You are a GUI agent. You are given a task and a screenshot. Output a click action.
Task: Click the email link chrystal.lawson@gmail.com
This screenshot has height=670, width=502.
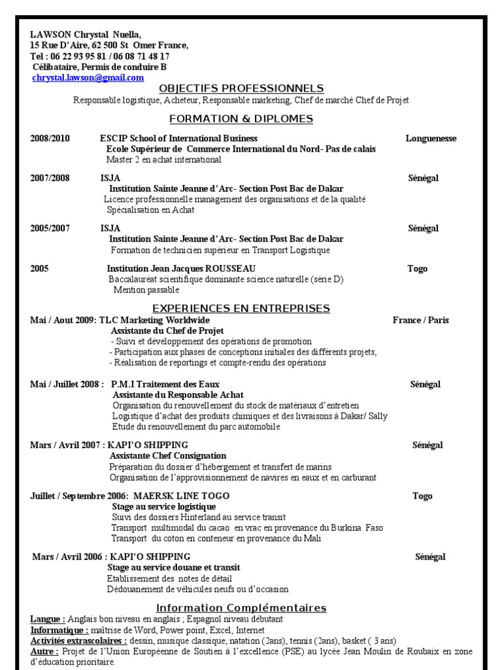point(88,77)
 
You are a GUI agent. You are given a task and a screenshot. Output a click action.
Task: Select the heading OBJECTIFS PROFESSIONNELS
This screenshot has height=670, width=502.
point(241,88)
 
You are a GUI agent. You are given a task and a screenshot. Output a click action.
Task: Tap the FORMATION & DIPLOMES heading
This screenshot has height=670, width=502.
point(241,118)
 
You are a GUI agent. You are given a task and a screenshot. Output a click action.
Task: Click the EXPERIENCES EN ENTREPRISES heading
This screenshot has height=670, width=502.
point(241,308)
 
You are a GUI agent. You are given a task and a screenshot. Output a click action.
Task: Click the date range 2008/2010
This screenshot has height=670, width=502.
point(50,138)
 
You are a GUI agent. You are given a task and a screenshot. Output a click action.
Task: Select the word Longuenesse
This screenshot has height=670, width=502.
point(431,138)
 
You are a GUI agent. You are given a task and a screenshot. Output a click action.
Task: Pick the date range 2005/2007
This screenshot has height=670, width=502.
point(50,228)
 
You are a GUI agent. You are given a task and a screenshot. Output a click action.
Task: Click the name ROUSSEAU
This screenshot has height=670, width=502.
point(230,268)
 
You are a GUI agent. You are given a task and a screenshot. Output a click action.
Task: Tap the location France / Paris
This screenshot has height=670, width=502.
point(420,320)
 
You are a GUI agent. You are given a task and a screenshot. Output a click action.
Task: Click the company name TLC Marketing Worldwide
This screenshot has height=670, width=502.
point(155,320)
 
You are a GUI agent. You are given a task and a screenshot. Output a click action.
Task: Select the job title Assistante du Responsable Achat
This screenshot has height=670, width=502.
point(178,395)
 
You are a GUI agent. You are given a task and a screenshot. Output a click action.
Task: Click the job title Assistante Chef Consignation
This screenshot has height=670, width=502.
point(168,455)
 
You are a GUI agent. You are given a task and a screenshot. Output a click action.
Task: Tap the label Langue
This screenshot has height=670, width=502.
point(47,619)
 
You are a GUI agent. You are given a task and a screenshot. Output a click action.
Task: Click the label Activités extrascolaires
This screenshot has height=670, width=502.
point(79,641)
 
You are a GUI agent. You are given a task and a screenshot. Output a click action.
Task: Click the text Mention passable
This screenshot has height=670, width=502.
point(146,289)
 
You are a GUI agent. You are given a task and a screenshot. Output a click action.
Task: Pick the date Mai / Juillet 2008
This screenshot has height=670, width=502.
point(66,384)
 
